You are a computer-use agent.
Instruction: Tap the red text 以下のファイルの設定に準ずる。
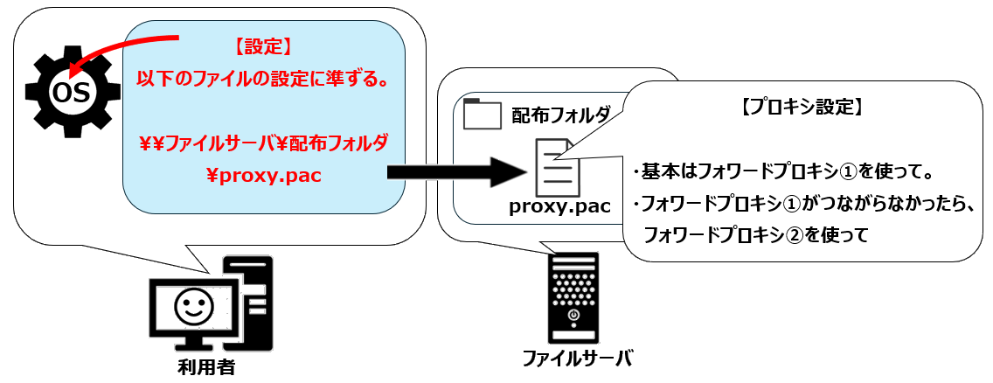click(x=263, y=80)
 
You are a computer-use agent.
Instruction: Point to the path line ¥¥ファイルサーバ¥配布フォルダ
click(x=263, y=142)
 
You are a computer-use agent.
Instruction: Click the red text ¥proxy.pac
click(x=263, y=175)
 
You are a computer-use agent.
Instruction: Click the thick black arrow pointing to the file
click(x=455, y=171)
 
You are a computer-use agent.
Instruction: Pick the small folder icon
click(x=482, y=114)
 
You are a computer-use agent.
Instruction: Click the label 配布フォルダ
click(x=559, y=115)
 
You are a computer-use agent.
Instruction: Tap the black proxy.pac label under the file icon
click(x=559, y=207)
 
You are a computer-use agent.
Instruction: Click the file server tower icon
click(x=574, y=297)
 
